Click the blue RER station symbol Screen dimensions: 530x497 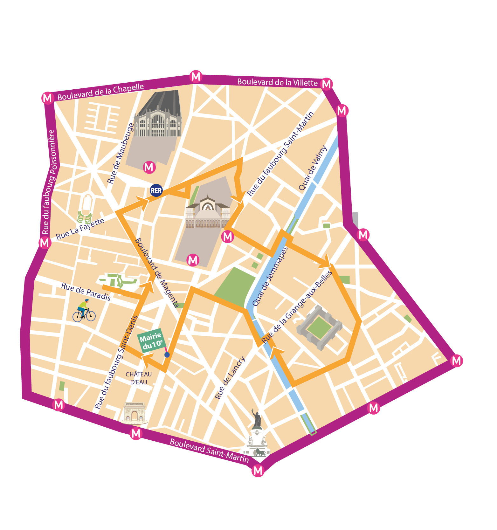(x=156, y=190)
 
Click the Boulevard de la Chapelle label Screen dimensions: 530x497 (x=100, y=92)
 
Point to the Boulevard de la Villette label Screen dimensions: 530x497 (x=277, y=82)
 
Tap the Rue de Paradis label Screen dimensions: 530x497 (x=86, y=291)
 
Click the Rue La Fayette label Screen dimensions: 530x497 (x=80, y=229)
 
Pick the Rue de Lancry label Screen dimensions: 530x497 (x=230, y=378)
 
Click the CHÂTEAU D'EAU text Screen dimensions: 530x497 (x=139, y=378)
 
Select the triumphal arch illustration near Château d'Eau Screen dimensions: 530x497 (x=135, y=413)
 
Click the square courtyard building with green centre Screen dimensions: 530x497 (x=319, y=328)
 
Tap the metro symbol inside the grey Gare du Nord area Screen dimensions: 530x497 (x=149, y=167)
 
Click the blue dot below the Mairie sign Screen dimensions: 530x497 (x=167, y=355)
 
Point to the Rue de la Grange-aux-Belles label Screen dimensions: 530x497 (x=296, y=307)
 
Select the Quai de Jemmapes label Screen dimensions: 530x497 (x=270, y=277)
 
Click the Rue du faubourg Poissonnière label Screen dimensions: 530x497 (x=49, y=182)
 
